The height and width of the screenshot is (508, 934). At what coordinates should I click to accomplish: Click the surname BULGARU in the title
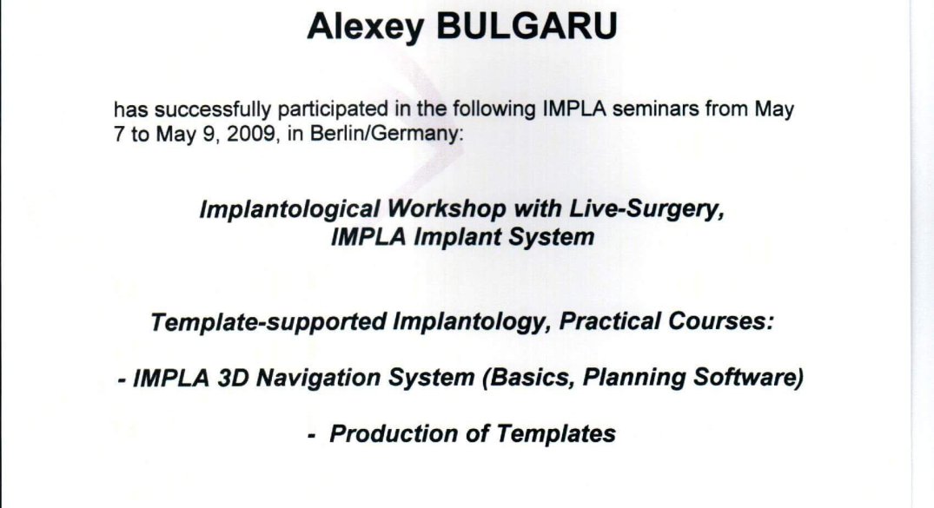[x=527, y=26]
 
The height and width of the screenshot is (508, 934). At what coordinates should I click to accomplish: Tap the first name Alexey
[x=366, y=28]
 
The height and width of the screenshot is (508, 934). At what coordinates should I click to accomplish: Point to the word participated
[x=333, y=109]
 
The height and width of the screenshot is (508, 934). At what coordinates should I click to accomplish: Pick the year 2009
[x=251, y=134]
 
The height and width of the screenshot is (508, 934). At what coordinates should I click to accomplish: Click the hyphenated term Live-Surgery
[x=647, y=209]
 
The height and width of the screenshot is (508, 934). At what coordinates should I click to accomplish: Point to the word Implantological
[x=289, y=209]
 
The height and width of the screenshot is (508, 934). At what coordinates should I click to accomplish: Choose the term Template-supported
[x=268, y=322]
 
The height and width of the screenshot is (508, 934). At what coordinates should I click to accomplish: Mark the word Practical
[x=610, y=321]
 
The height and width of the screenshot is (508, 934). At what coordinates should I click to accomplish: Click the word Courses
[x=720, y=321]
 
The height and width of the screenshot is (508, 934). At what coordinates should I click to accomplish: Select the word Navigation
[x=319, y=379]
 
